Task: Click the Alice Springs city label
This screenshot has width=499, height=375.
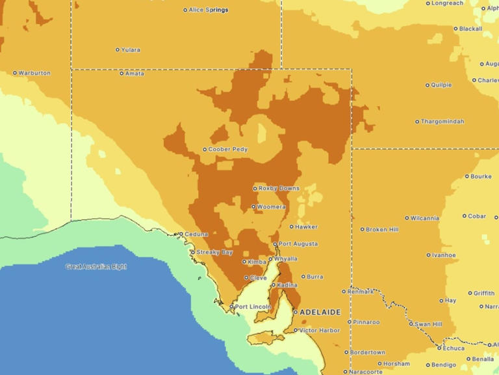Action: (208, 10)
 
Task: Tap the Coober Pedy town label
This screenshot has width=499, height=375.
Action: (228, 149)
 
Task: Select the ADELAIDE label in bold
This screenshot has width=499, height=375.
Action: (320, 312)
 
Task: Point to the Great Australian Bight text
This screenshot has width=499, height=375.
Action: (96, 266)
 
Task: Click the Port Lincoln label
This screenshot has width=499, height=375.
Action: (252, 307)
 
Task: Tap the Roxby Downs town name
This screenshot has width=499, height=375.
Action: (279, 188)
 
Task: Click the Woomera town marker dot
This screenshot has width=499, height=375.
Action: (253, 207)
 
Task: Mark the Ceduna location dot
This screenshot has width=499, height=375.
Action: (180, 234)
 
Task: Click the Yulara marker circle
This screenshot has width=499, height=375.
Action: (118, 49)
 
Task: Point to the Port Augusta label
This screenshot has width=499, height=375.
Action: (298, 244)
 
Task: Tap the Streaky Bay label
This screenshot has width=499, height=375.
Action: (214, 252)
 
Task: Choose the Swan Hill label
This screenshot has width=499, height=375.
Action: (429, 324)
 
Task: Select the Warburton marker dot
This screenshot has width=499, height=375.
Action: (15, 73)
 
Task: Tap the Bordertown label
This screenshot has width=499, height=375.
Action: (368, 352)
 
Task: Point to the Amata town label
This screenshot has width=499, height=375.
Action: (134, 73)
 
